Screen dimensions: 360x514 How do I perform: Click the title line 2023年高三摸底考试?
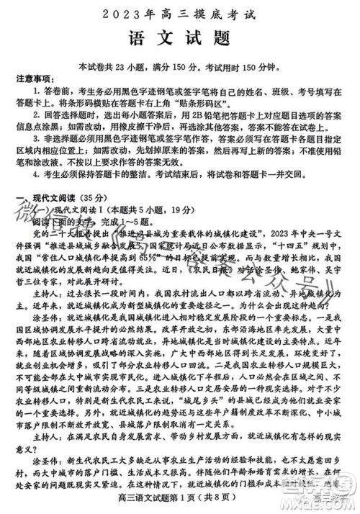click(180, 13)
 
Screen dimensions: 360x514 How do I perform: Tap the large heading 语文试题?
click(180, 37)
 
